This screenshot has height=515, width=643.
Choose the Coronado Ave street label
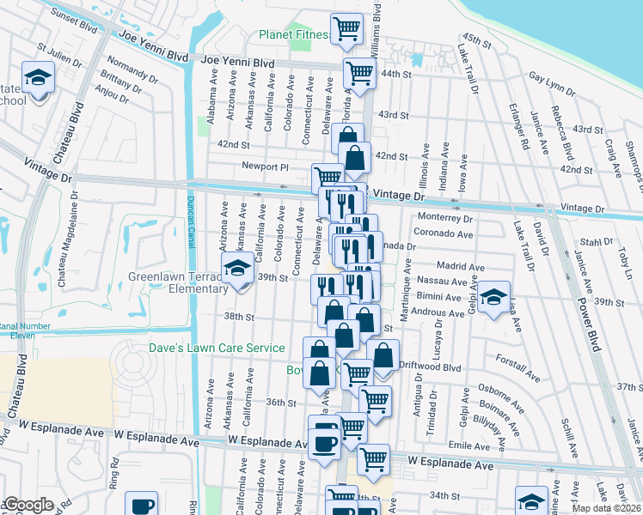444,233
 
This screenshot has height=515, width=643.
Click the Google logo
28,505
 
